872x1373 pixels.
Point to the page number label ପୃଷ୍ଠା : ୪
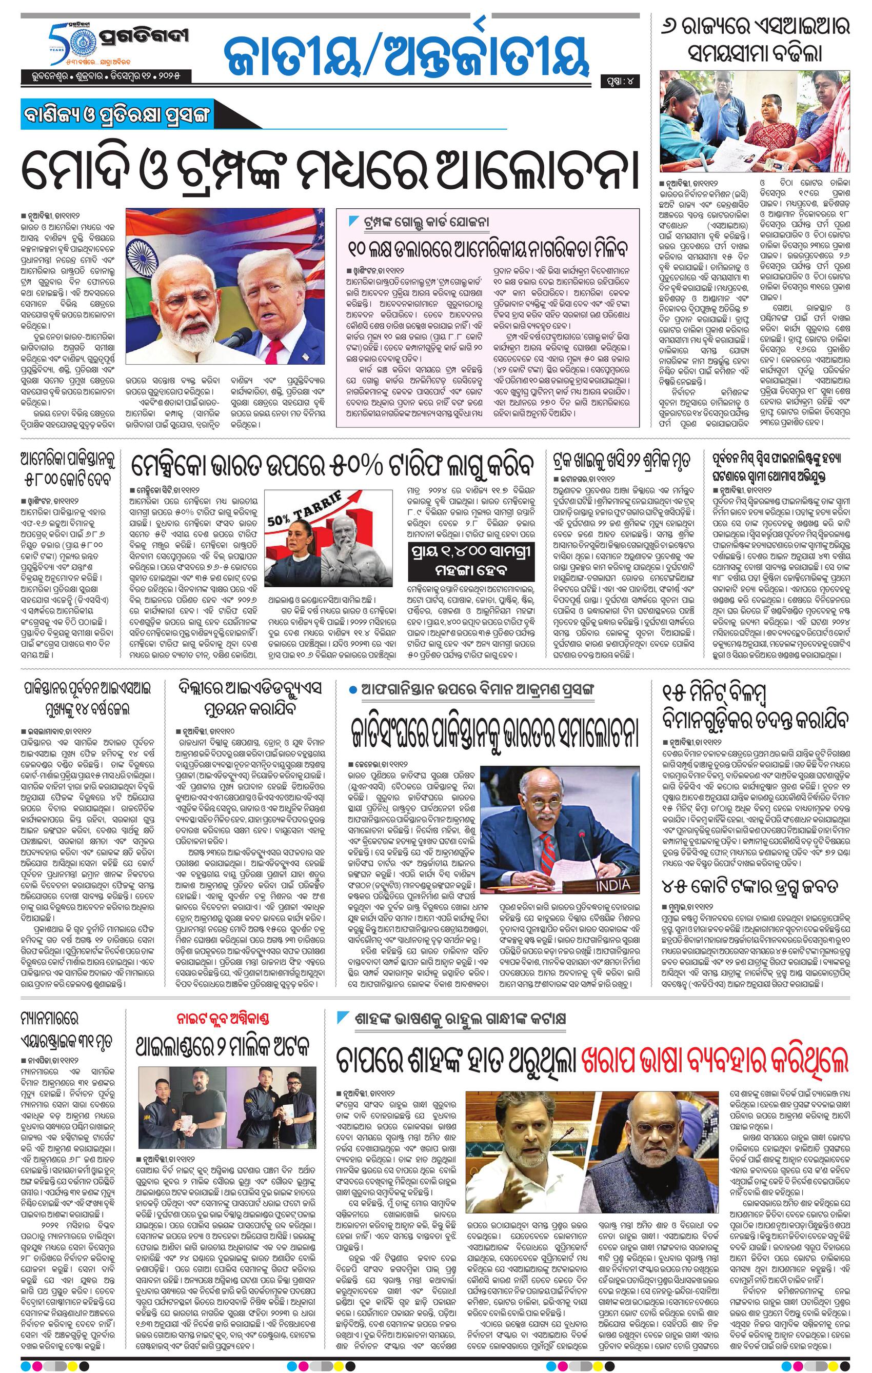pyautogui.click(x=620, y=82)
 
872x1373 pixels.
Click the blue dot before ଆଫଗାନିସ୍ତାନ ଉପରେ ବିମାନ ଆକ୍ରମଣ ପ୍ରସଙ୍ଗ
pyautogui.click(x=355, y=690)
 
